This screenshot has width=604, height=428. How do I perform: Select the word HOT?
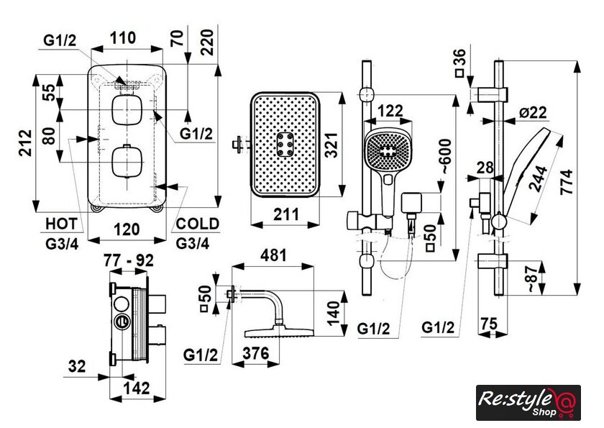60,223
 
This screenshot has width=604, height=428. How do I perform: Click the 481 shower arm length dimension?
275,255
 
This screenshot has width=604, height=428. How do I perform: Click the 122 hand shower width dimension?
389,110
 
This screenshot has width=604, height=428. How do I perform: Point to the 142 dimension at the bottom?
137,388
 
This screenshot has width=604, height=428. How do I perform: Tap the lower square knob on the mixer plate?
125,160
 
